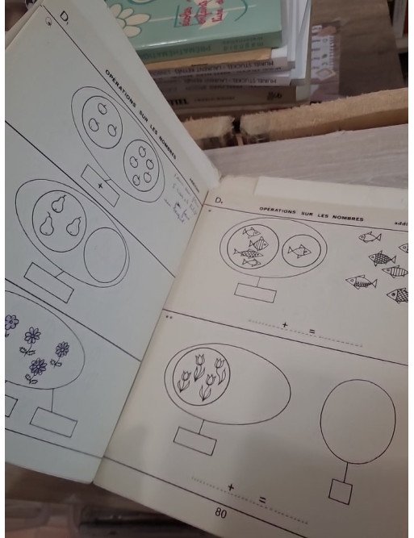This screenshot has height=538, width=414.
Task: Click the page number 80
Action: tap(219, 512)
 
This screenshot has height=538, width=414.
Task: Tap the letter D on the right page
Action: tap(218, 198)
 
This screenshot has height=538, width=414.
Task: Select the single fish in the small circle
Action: tap(299, 250)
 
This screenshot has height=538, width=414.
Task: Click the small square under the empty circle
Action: tap(340, 491)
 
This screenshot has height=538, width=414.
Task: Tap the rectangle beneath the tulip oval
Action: tap(194, 440)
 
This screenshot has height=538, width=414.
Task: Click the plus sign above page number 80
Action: tap(231, 487)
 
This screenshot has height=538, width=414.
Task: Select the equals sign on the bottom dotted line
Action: tap(262, 500)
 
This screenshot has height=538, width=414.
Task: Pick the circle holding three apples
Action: tap(102, 121)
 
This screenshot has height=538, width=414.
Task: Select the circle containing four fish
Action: tap(252, 247)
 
